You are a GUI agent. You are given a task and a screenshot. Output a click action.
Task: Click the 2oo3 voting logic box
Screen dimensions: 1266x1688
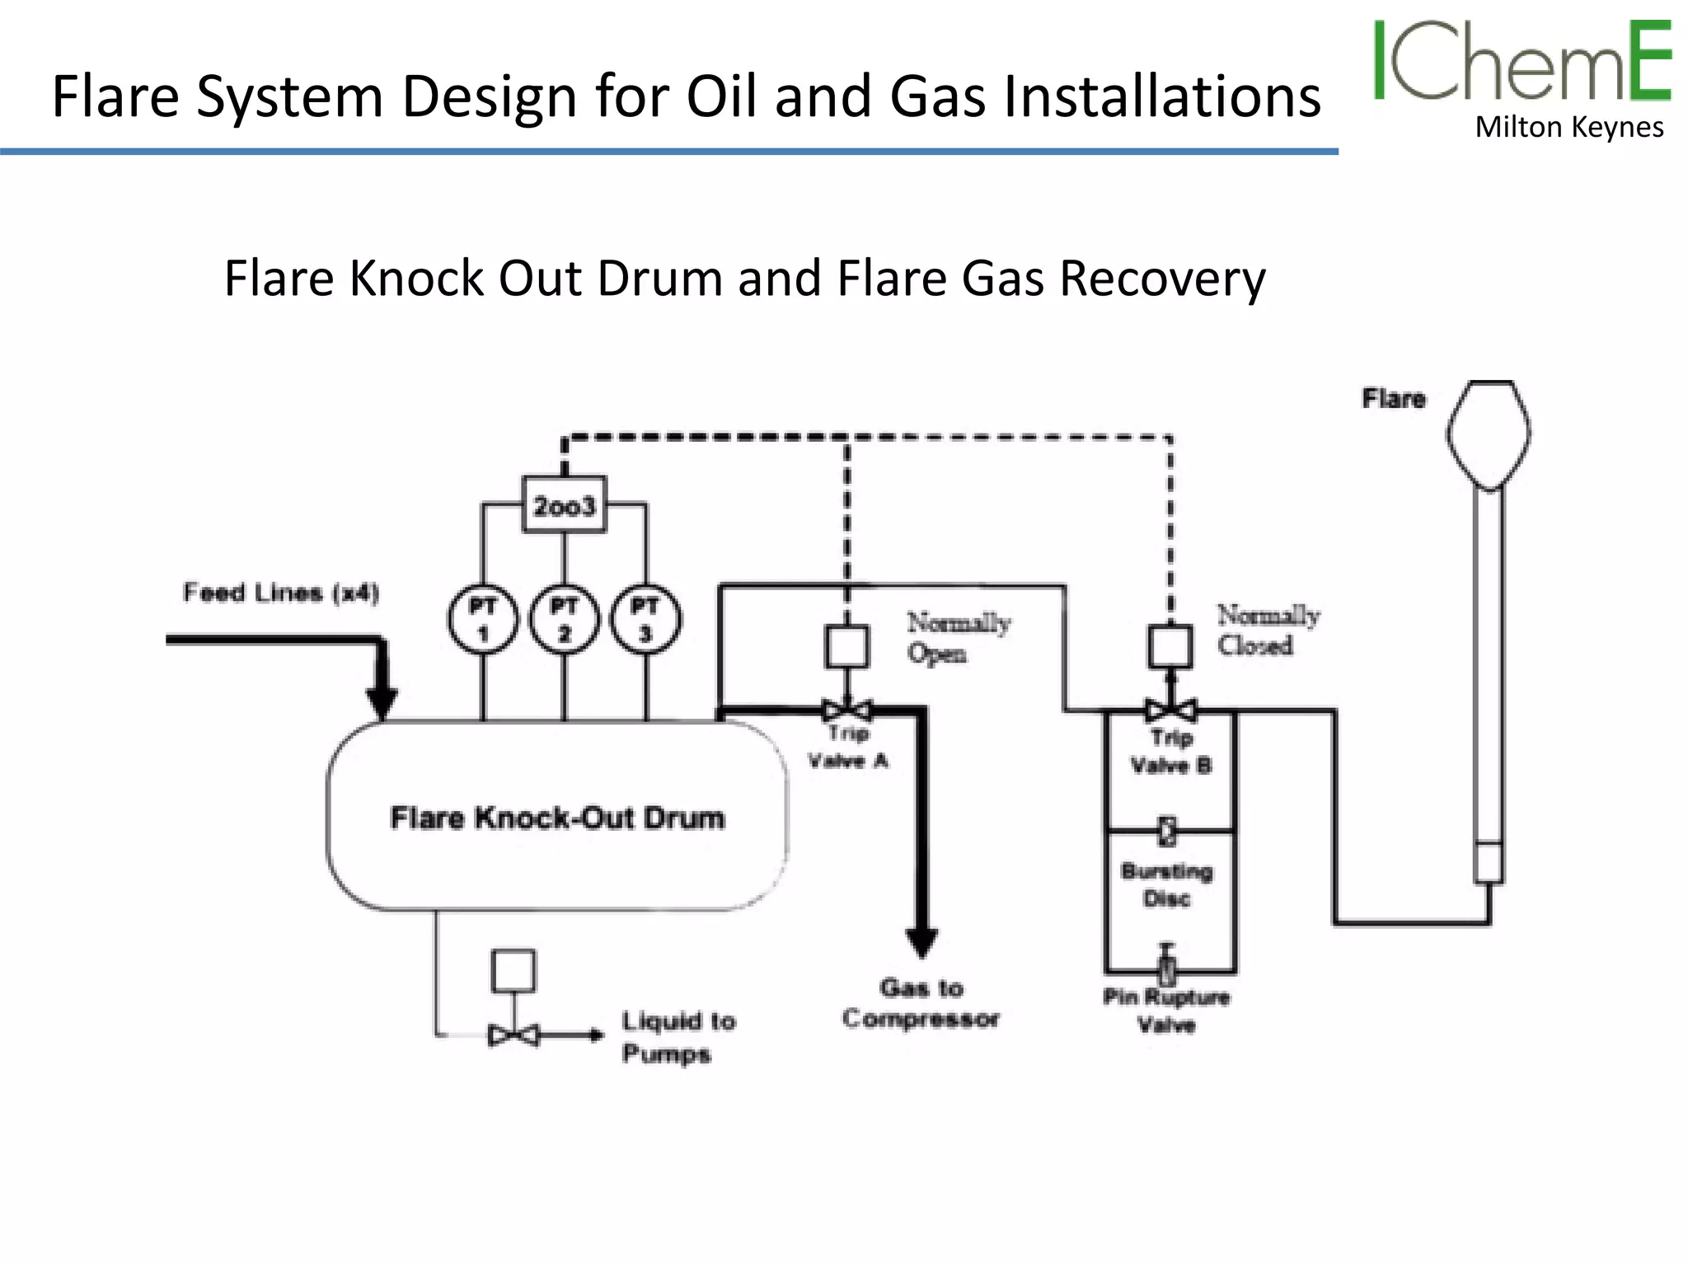[565, 504]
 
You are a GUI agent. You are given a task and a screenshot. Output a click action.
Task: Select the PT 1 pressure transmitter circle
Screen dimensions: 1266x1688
[483, 620]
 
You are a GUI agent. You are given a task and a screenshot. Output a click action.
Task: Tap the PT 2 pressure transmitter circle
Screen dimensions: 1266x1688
[565, 620]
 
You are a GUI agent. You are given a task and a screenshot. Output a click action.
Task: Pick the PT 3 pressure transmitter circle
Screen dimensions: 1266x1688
[645, 620]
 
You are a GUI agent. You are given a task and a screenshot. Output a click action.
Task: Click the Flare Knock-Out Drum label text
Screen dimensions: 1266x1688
[557, 818]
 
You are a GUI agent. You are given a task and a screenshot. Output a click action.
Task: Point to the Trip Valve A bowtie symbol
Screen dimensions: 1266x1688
[847, 710]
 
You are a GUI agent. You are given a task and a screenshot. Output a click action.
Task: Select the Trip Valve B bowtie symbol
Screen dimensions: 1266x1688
[1170, 710]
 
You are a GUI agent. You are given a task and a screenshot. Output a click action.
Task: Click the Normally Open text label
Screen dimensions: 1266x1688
[958, 637]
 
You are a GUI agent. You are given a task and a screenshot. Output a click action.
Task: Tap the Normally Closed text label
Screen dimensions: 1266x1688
[1268, 630]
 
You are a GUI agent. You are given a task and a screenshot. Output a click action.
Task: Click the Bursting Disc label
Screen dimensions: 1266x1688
[1167, 884]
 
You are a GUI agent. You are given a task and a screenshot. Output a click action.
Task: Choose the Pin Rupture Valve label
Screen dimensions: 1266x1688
[1166, 1010]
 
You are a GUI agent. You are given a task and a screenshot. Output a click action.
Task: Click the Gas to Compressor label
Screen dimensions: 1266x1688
[921, 1003]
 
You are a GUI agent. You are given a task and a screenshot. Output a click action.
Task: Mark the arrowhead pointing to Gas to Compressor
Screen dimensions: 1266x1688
[921, 942]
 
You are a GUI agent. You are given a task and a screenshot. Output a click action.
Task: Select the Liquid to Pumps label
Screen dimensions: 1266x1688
[678, 1037]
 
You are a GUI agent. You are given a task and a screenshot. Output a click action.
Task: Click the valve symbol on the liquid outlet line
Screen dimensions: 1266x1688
[513, 1035]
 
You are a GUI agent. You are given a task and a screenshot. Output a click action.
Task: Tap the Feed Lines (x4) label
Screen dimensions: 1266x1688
[280, 593]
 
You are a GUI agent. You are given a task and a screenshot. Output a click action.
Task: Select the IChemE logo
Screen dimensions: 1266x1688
[1522, 61]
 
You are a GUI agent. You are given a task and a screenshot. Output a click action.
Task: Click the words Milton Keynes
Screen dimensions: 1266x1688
[1568, 128]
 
